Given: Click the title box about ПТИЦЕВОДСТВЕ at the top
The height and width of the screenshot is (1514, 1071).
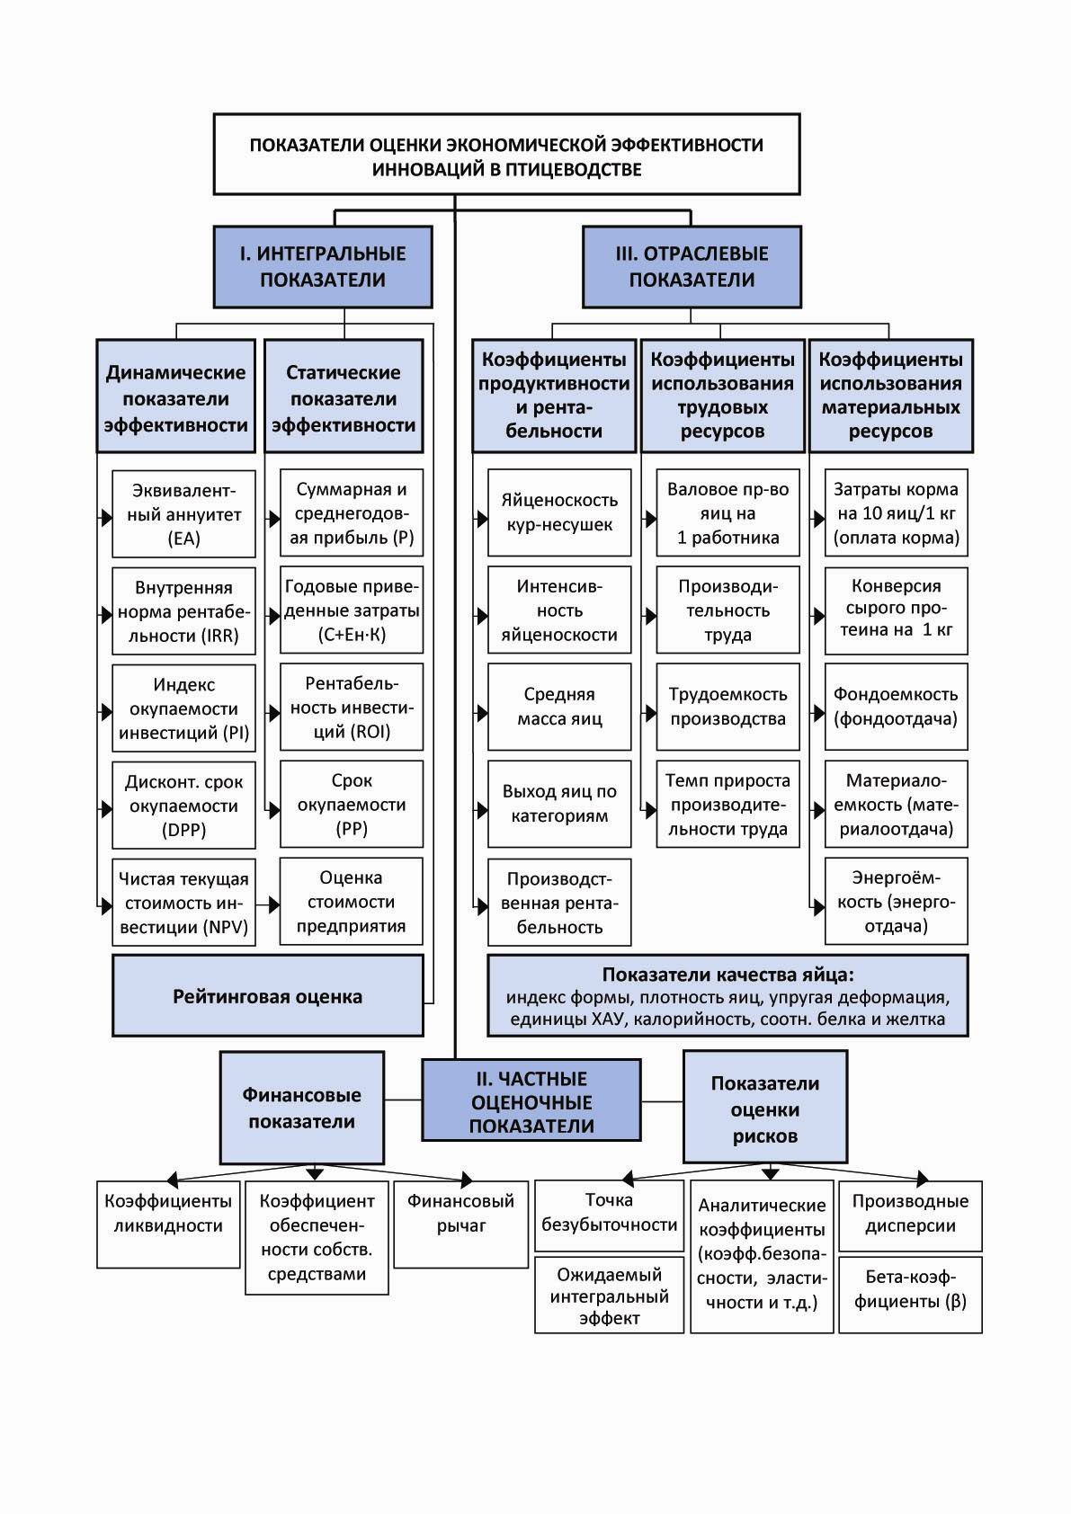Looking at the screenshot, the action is [506, 154].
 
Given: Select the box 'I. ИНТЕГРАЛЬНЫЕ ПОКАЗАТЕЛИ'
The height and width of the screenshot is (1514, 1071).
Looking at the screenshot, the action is [323, 267].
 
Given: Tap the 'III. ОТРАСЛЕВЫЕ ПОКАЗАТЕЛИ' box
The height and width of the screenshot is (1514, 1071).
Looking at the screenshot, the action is [692, 267].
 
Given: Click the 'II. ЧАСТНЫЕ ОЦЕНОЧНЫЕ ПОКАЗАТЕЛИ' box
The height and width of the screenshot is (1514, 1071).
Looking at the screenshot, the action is [531, 1100].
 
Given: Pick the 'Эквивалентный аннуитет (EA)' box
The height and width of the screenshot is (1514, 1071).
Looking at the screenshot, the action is [184, 513].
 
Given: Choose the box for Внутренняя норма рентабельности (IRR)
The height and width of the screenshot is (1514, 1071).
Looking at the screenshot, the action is [184, 611].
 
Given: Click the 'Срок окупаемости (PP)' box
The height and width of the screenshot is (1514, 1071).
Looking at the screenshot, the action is [352, 805].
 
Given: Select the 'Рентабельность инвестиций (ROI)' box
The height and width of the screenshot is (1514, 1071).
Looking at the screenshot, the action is [352, 707].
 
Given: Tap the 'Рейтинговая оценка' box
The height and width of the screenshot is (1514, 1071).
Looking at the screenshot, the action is [268, 995].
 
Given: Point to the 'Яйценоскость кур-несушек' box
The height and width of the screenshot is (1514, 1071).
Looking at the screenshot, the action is [559, 512].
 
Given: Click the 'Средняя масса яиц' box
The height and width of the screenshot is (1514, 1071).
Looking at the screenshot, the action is [559, 707].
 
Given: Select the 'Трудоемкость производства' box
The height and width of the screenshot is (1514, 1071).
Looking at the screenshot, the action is [727, 707].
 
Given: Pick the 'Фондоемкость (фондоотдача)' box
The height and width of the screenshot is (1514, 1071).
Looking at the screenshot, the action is [896, 707].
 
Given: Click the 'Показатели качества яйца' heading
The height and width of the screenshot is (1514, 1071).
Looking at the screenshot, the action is [727, 975].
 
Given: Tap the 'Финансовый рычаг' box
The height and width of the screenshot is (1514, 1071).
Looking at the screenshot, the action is [460, 1224].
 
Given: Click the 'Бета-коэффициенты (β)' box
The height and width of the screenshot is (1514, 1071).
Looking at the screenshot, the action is [910, 1295].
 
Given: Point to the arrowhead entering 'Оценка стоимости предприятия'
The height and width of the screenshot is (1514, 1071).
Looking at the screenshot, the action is [273, 904].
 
